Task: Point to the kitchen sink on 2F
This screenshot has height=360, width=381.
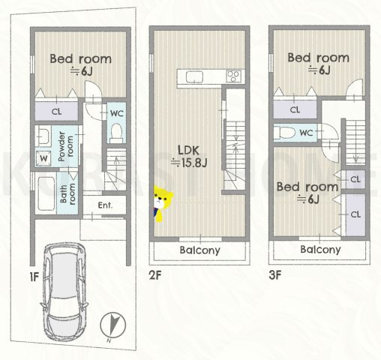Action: [194, 76]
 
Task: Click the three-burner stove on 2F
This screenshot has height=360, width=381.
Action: [234, 76]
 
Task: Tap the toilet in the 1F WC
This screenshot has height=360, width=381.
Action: [116, 132]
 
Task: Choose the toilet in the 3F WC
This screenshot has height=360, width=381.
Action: [284, 133]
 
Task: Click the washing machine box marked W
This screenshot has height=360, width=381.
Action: [43, 158]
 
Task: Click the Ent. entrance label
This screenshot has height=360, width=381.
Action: [105, 205]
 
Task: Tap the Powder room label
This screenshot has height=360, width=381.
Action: [66, 146]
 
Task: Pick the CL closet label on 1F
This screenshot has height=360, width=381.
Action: [56, 112]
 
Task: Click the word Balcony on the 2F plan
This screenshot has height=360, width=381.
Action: [200, 250]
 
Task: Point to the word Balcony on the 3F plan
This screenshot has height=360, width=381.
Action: [320, 250]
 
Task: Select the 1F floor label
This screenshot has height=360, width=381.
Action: [34, 277]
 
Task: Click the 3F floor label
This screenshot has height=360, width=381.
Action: [275, 275]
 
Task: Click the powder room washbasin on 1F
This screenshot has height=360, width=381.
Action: [43, 136]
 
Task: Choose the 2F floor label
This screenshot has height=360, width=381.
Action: [155, 275]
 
